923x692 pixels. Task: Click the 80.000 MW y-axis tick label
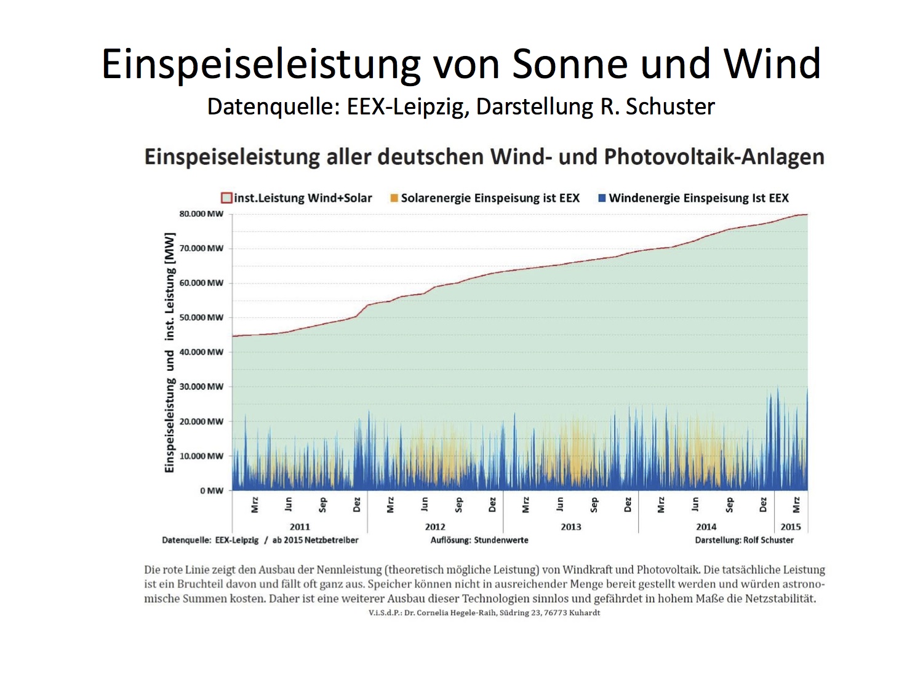pyautogui.click(x=201, y=214)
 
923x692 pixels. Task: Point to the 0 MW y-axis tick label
pyautogui.click(x=212, y=491)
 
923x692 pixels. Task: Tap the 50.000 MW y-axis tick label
pyautogui.click(x=201, y=317)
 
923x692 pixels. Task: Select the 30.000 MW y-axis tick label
pyautogui.click(x=201, y=387)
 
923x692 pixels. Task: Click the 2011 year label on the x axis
pyautogui.click(x=300, y=527)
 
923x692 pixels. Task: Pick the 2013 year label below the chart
pyautogui.click(x=570, y=527)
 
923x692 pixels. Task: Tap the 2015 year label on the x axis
pyautogui.click(x=791, y=527)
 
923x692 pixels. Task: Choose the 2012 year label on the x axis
pyautogui.click(x=435, y=527)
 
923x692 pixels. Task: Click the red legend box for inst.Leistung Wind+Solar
pyautogui.click(x=226, y=198)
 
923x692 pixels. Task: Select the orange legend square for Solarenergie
pyautogui.click(x=394, y=198)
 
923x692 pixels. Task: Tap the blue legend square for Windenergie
pyautogui.click(x=602, y=198)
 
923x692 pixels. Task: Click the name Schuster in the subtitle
pyautogui.click(x=670, y=107)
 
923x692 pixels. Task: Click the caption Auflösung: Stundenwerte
pyautogui.click(x=479, y=540)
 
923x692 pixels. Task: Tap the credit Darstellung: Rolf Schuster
pyautogui.click(x=744, y=540)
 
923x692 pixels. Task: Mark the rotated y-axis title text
pyautogui.click(x=170, y=352)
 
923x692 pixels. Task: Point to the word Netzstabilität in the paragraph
pyautogui.click(x=780, y=599)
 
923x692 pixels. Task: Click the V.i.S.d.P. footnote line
pyautogui.click(x=484, y=613)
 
